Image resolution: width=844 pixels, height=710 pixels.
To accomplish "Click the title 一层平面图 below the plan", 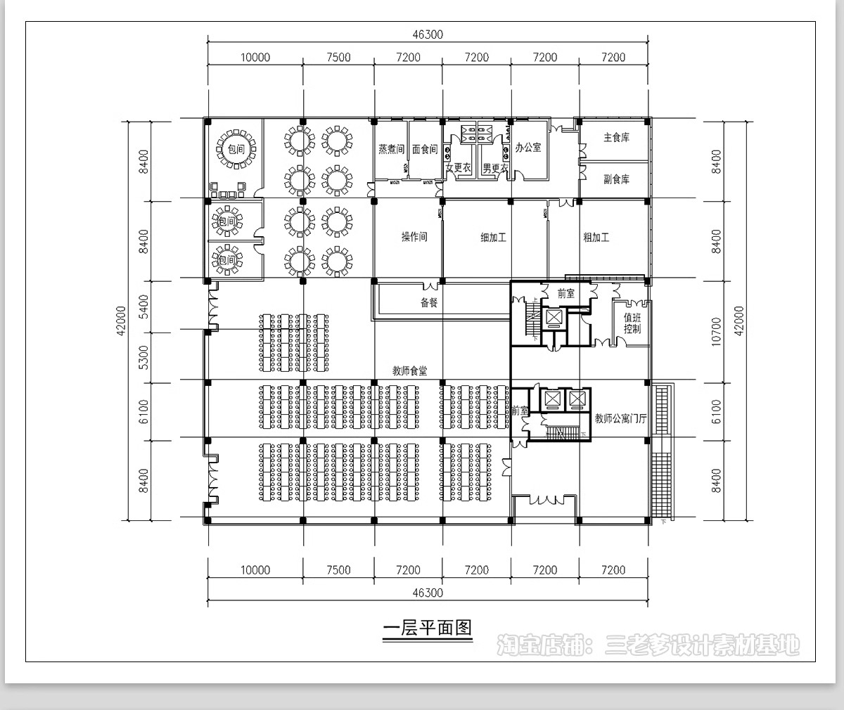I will point(427,627).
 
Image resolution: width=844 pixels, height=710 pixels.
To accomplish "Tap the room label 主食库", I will point(616,138).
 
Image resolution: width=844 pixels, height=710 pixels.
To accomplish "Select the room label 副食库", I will point(616,179).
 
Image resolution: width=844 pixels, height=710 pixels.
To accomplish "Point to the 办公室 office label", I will point(528,148).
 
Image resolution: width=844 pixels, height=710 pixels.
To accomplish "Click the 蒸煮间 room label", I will point(391,149).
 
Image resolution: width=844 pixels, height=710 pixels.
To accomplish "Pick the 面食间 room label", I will point(425,149).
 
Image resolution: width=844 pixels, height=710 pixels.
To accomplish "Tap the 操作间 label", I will point(414,237).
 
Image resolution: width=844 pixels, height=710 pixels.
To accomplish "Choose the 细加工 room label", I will point(493,238).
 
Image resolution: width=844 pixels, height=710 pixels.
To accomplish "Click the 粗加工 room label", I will point(596,238).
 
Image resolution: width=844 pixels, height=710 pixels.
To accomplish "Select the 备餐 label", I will point(429,302).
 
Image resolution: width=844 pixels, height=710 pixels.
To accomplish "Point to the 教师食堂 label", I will point(409,370).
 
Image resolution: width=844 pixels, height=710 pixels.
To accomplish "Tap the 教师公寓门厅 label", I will point(620,418).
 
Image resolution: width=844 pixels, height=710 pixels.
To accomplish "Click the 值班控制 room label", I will point(632,323).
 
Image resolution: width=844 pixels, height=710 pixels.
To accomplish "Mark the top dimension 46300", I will point(428,35).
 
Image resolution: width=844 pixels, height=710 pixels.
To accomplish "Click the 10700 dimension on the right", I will point(717,330).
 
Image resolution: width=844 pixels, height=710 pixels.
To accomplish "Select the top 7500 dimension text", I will point(338,58).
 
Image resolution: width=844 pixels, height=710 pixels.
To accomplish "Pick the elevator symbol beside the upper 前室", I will point(555,318).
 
